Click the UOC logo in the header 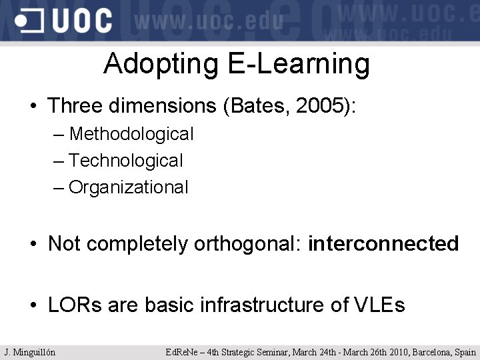[64, 21]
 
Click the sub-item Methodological [131, 134]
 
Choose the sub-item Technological [125, 161]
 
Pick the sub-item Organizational [129, 187]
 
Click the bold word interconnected [383, 244]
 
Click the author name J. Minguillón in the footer [30, 352]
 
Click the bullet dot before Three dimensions [33, 107]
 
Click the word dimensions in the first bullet [159, 105]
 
